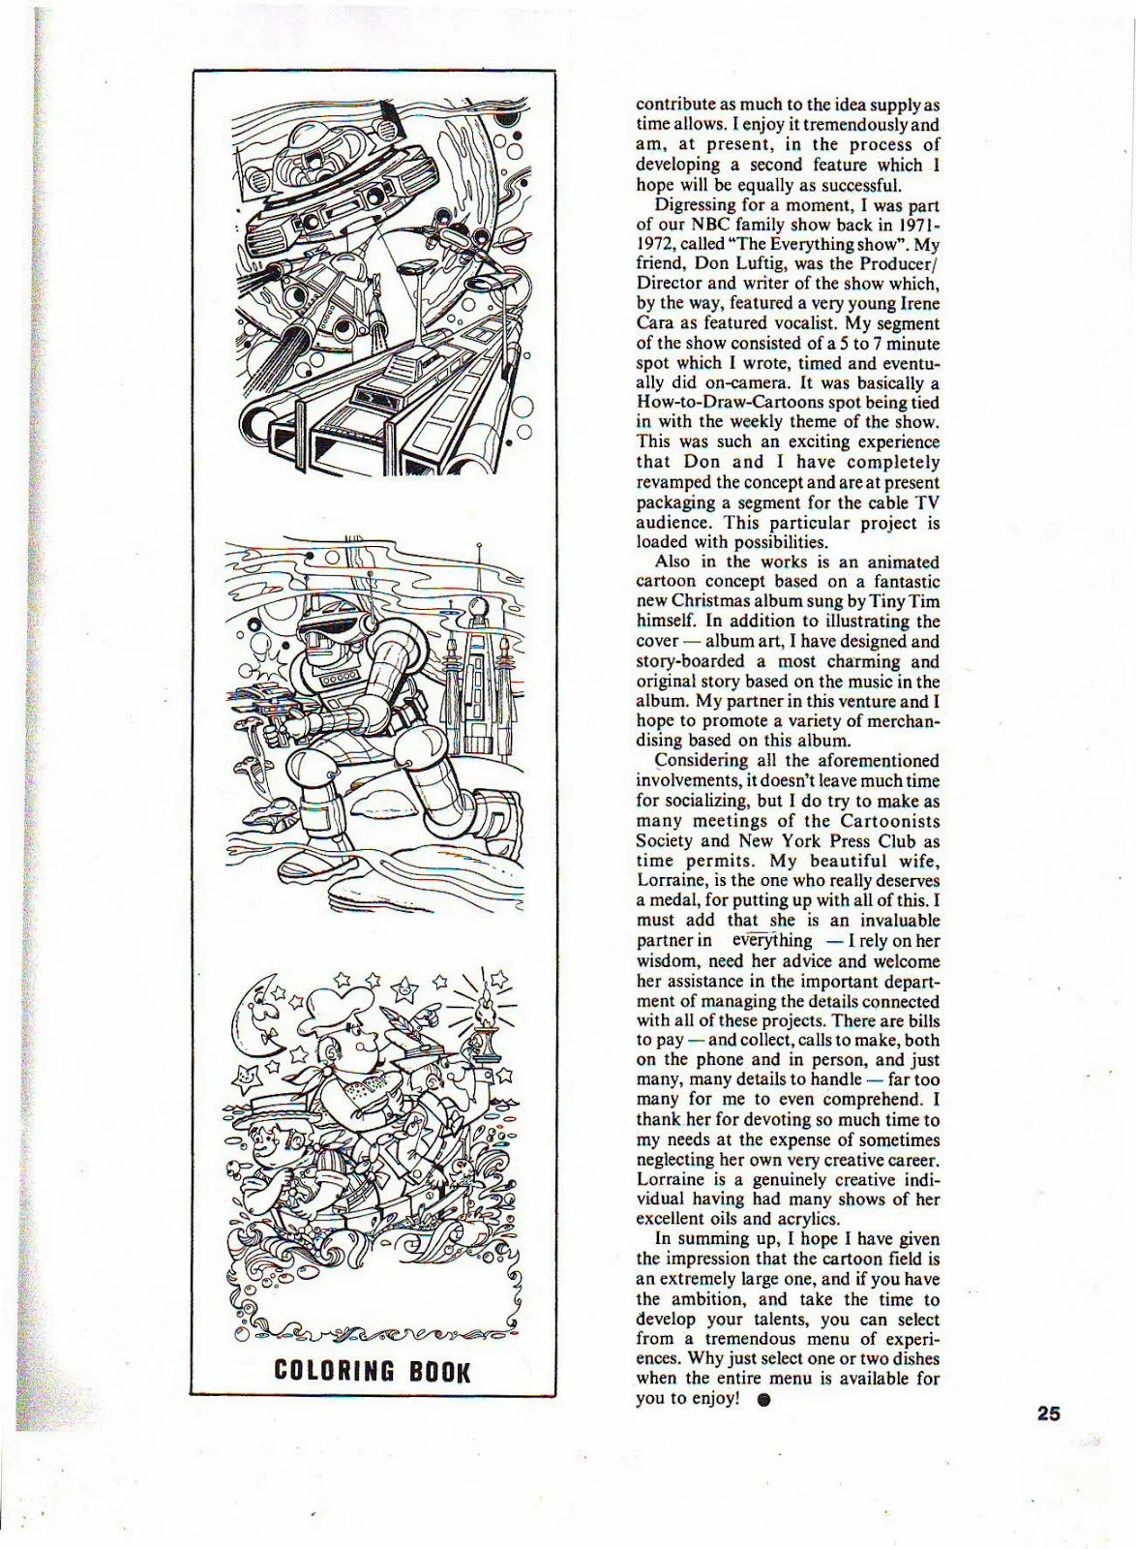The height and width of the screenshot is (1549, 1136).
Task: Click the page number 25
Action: tap(1048, 1412)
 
